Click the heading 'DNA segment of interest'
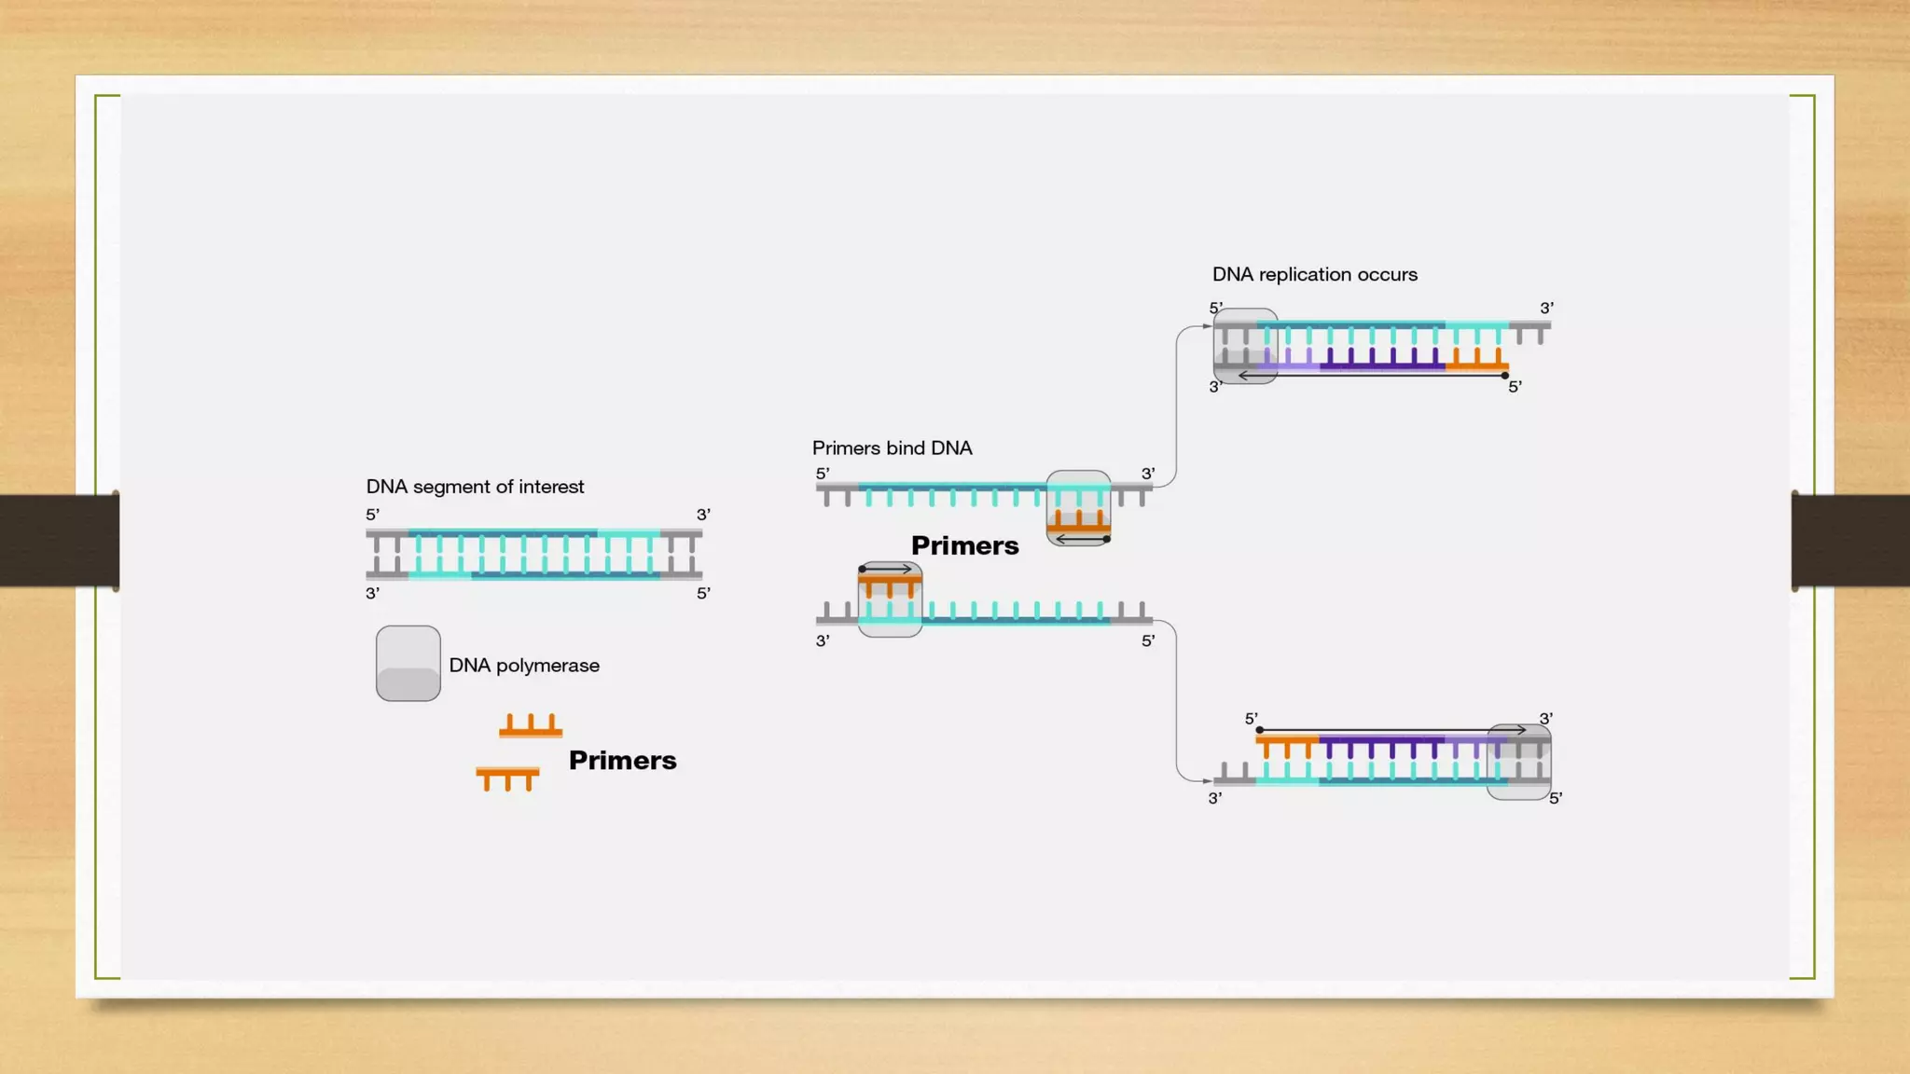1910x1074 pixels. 475,487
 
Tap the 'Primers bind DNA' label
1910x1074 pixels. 892,448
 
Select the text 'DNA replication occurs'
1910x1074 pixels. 1314,275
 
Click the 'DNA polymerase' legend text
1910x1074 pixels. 524,666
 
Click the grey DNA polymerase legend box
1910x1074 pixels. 408,664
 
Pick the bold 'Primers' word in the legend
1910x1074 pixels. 622,761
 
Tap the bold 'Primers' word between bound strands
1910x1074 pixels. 964,546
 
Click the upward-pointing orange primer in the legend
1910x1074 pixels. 531,727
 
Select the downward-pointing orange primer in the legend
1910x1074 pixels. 507,778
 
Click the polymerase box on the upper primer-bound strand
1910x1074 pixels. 1078,508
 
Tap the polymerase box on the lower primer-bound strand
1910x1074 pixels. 890,600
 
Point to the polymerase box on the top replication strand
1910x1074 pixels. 1245,346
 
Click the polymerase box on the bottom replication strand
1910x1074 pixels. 1518,762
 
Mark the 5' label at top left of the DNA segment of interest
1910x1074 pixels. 372,515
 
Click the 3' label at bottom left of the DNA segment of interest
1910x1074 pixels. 372,594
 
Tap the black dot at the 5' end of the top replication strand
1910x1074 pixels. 1505,376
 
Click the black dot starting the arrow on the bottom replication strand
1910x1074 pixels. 1260,730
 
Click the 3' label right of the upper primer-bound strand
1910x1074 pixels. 1148,475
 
